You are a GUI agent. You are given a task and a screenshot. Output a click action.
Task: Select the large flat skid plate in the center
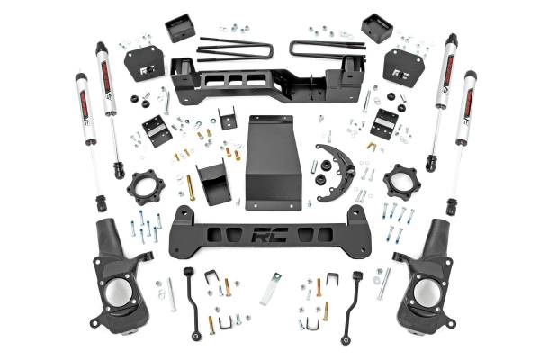(x=273, y=162)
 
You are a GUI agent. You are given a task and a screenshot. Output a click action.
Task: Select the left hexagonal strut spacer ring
(x=145, y=188)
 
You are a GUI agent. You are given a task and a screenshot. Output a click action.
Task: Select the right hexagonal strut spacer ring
(x=400, y=182)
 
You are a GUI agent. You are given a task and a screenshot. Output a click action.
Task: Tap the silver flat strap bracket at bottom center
(x=271, y=288)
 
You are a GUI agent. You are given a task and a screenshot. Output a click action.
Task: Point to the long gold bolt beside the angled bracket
(x=190, y=187)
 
